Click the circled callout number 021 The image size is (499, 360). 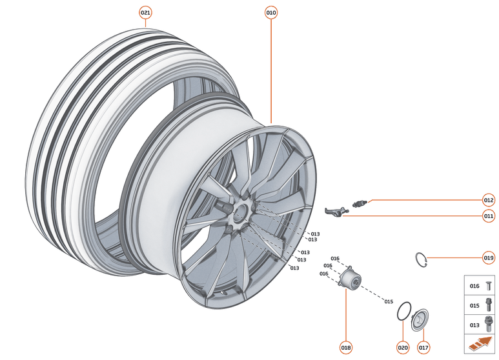pyautogui.click(x=145, y=12)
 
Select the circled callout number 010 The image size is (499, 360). pyautogui.click(x=271, y=12)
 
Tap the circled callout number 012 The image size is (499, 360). pyautogui.click(x=489, y=199)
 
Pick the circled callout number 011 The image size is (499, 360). pyautogui.click(x=489, y=216)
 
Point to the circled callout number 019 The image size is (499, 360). pyautogui.click(x=489, y=257)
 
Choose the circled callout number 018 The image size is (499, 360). pyautogui.click(x=346, y=348)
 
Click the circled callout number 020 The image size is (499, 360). pyautogui.click(x=403, y=348)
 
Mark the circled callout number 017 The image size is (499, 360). pyautogui.click(x=423, y=348)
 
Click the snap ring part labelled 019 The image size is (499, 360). pyautogui.click(x=421, y=259)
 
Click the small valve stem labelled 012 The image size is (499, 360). pyautogui.click(x=360, y=205)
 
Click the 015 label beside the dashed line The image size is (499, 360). pyautogui.click(x=389, y=301)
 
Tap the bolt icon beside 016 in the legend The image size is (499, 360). pyautogui.click(x=488, y=285)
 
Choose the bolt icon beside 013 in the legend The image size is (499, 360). pyautogui.click(x=488, y=324)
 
